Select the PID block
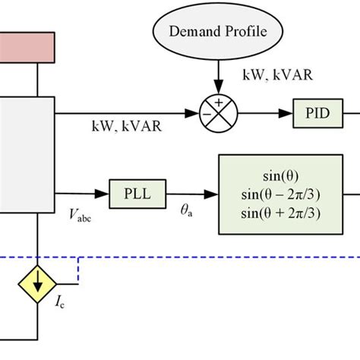point(314,114)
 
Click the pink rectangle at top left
point(27,47)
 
